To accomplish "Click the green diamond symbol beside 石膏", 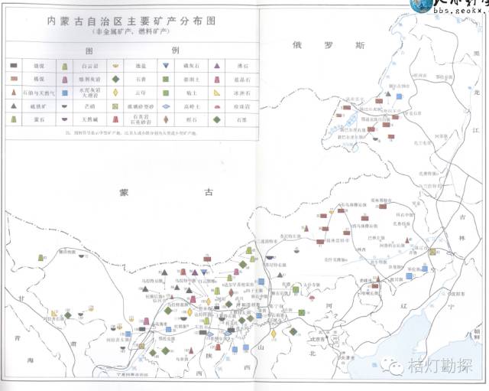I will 115,79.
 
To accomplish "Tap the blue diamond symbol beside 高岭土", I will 166,106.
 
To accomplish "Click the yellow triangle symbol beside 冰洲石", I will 218,93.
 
